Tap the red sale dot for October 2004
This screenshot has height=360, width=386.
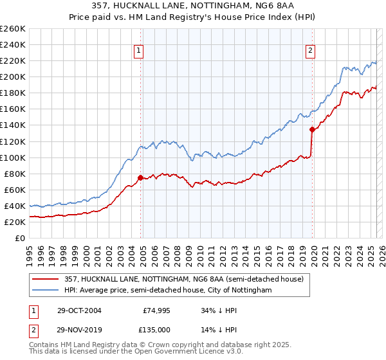pos(140,177)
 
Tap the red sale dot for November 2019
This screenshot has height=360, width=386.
pos(312,129)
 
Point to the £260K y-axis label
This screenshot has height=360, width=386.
pos(12,29)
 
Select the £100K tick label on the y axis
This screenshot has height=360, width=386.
pos(12,157)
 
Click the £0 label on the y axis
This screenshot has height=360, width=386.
pos(19,239)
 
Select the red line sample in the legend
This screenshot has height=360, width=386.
pos(46,278)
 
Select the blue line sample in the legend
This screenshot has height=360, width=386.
pos(46,291)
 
